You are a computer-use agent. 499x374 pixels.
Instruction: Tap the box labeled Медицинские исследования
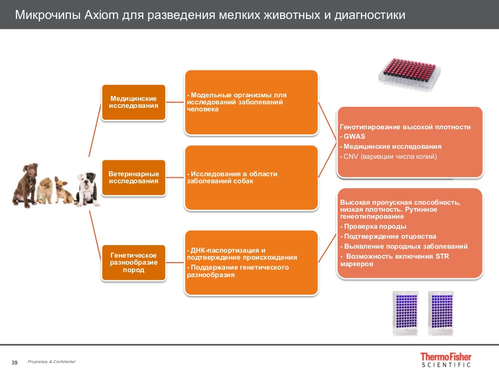coord(133,102)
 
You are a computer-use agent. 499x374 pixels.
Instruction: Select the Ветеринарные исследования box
coord(133,177)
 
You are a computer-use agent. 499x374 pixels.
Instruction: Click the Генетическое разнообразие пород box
coord(133,263)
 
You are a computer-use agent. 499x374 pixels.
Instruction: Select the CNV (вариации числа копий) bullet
coord(390,156)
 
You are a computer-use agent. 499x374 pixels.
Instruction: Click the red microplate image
coord(409,72)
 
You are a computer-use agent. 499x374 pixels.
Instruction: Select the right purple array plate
coord(441,312)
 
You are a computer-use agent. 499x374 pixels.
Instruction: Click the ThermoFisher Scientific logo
coord(445,360)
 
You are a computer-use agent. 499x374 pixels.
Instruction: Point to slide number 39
coord(14,362)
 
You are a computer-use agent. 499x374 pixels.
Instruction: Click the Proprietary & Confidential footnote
coord(51,362)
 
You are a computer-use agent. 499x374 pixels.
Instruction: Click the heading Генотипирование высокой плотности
coord(405,127)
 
